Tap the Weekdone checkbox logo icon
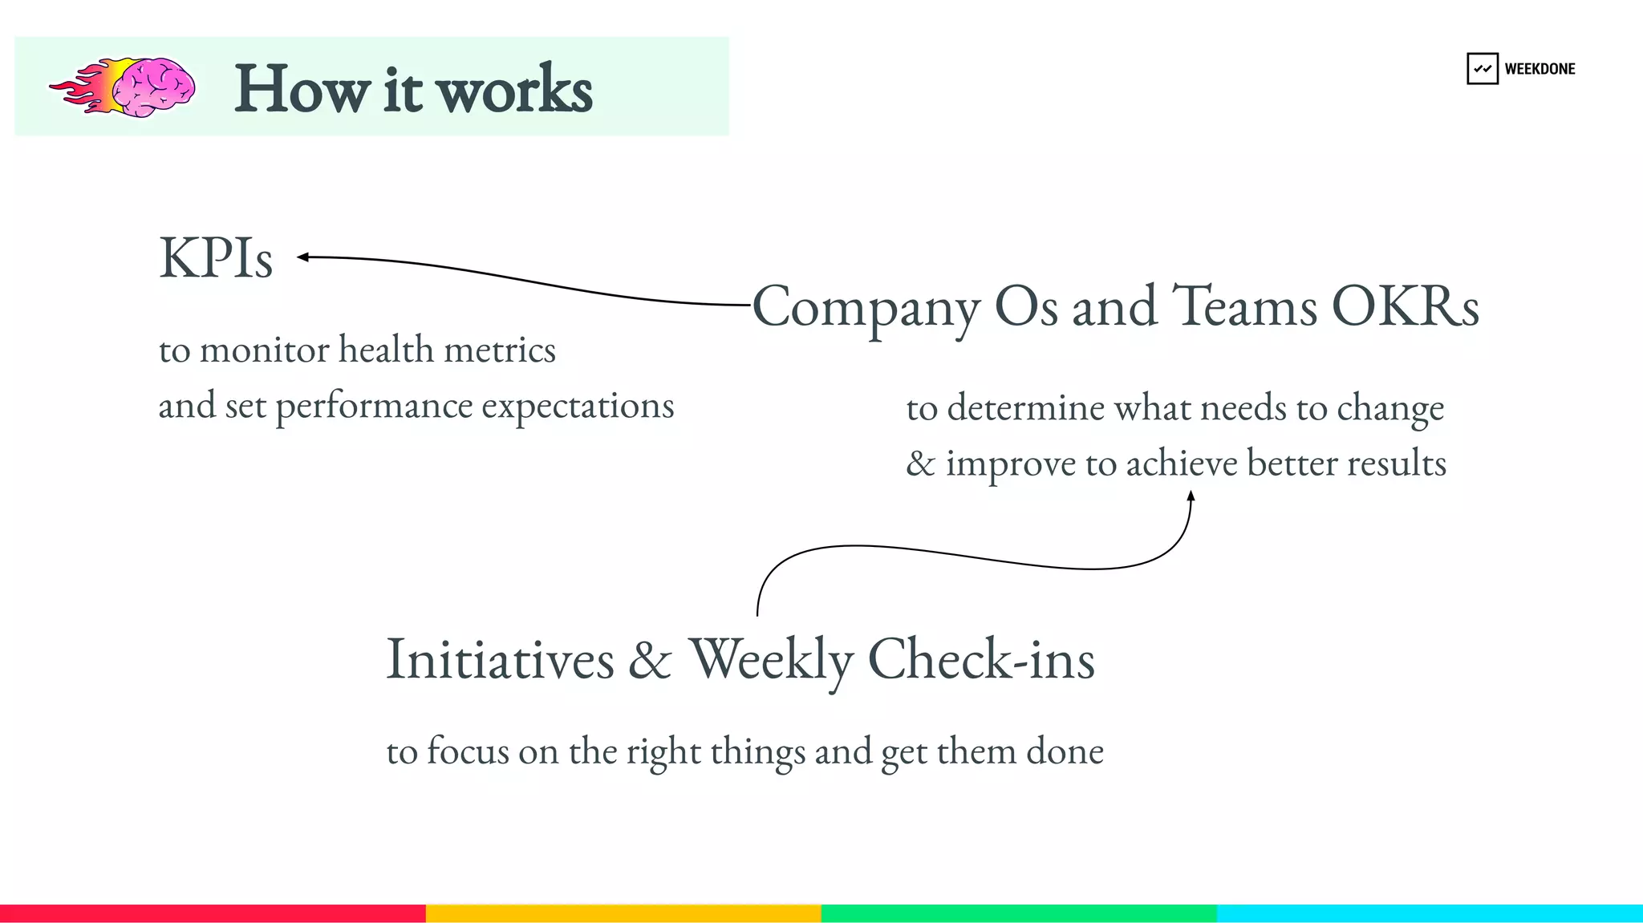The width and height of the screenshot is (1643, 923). (1482, 69)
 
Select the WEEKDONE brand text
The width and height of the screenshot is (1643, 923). (1540, 69)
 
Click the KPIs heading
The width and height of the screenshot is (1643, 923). (216, 258)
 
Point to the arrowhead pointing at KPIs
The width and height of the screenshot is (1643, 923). (302, 257)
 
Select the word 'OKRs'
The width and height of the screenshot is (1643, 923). (1405, 306)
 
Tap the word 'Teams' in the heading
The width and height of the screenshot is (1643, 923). (1244, 306)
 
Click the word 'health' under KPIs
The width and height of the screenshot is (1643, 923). (386, 350)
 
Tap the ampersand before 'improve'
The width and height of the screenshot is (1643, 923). (920, 464)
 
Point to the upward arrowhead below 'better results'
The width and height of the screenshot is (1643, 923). (1191, 496)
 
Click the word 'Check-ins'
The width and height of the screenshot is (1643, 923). (981, 659)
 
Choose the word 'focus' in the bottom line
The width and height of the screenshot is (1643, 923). (468, 751)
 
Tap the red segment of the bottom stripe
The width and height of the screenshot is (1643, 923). (213, 913)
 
